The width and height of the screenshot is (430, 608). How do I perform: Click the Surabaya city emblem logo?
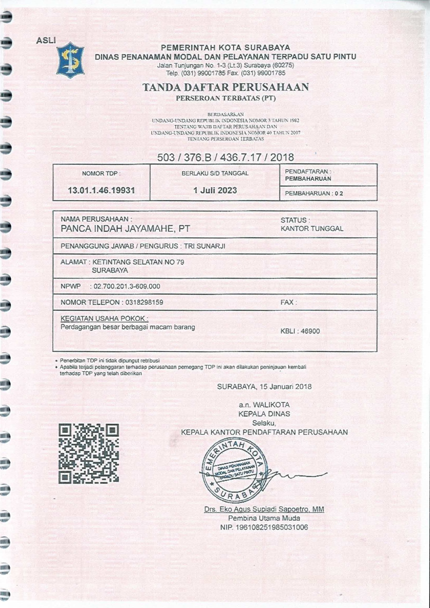pos(70,60)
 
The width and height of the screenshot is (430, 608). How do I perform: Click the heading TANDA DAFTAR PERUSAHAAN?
pos(226,87)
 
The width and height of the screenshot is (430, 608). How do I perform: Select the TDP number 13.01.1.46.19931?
pos(102,190)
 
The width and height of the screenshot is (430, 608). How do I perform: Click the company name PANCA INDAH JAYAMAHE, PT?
pos(125,229)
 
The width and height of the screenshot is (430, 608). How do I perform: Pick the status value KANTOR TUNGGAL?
pos(312,229)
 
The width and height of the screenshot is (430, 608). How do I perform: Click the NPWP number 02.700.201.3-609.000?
pos(127,286)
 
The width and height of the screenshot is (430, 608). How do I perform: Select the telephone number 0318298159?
pos(144,302)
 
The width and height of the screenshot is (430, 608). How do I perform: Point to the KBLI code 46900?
pos(310,331)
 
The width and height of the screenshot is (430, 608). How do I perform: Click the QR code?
pos(88,453)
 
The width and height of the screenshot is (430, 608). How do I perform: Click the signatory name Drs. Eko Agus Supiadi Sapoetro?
pos(264,509)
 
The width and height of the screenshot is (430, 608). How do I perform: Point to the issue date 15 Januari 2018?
pos(286,387)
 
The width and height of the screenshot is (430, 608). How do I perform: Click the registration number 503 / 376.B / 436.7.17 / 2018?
pos(225,157)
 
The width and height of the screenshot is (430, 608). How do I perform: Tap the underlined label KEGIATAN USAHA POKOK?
pos(104,318)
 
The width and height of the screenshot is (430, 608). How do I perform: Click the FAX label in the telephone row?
pos(288,302)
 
